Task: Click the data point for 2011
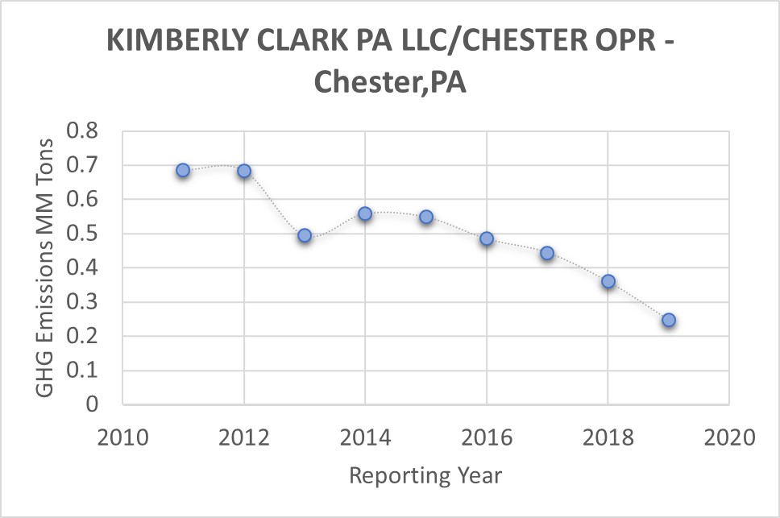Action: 183,170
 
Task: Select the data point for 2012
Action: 244,171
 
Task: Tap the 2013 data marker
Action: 305,235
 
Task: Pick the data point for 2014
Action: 365,213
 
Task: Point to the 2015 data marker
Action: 426,217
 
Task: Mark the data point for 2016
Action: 487,238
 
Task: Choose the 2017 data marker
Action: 547,253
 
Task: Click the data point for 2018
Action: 608,281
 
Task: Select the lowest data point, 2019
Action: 669,320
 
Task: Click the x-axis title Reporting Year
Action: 425,475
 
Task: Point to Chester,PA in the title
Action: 389,81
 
